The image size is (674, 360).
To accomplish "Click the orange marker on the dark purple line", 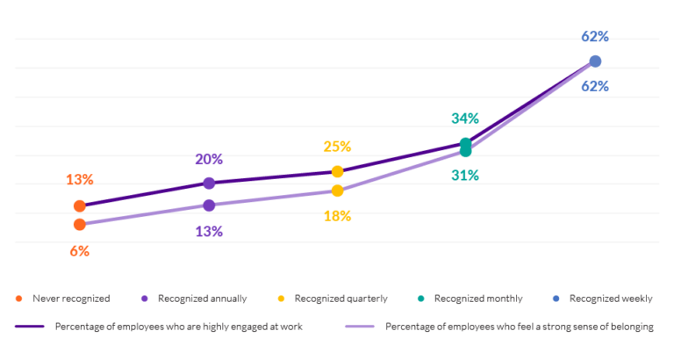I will tap(80, 205).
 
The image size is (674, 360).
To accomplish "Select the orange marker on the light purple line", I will tap(80, 225).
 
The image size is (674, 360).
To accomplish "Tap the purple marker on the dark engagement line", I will tap(209, 183).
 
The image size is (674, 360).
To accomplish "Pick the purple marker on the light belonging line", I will tap(209, 205).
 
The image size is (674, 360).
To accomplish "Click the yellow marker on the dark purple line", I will tap(337, 171).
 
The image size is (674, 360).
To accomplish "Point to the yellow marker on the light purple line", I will tap(337, 191).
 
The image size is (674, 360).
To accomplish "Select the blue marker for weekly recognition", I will tap(595, 61).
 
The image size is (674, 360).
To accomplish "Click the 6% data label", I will tap(80, 250).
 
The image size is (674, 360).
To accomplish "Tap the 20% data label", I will tap(209, 160).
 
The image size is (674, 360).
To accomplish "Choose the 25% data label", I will tap(337, 147).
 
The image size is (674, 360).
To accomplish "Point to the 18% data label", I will tap(337, 216).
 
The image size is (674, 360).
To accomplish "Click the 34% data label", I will tap(465, 119).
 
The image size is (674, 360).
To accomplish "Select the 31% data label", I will tap(465, 175).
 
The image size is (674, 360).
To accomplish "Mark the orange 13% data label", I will tap(80, 179).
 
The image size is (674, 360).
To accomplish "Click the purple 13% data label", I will tap(209, 232).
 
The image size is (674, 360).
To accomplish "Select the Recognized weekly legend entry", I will tap(606, 299).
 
